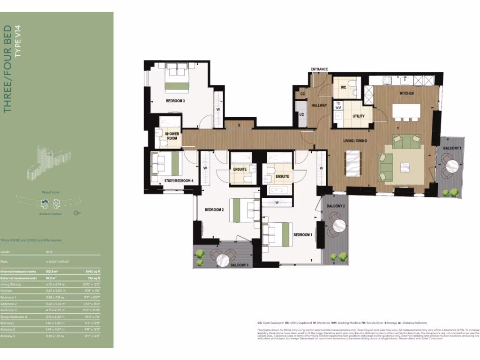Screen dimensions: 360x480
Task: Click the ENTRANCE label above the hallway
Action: click(319, 69)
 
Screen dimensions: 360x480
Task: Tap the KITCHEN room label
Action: click(406, 93)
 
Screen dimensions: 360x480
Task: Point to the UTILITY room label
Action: click(359, 116)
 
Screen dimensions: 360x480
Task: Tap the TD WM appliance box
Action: click(338, 105)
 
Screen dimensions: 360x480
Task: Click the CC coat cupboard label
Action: click(302, 94)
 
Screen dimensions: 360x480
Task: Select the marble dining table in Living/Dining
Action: click(352, 163)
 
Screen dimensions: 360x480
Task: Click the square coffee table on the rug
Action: click(405, 167)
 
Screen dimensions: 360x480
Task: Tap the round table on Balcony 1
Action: click(452, 166)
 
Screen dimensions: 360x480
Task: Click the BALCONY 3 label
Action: click(240, 265)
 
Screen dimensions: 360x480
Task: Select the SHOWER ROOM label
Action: click(172, 136)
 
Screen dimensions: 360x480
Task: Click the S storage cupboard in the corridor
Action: click(239, 125)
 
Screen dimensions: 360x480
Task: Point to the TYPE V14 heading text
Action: click(18, 42)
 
